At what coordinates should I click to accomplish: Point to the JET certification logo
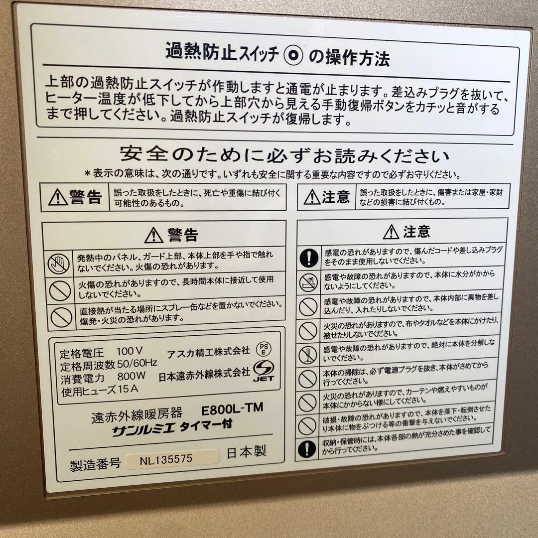point(265,371)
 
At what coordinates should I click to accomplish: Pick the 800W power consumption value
point(131,378)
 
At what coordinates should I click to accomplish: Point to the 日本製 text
point(247,452)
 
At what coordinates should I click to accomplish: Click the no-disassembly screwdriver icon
point(307,355)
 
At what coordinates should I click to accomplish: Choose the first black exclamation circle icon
point(309,258)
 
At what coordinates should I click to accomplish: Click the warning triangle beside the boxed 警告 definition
point(58,198)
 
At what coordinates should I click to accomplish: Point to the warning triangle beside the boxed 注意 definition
point(312,198)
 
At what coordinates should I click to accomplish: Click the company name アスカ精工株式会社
point(208,351)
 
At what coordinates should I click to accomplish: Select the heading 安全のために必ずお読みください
point(284,156)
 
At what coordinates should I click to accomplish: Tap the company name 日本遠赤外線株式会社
point(204,373)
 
